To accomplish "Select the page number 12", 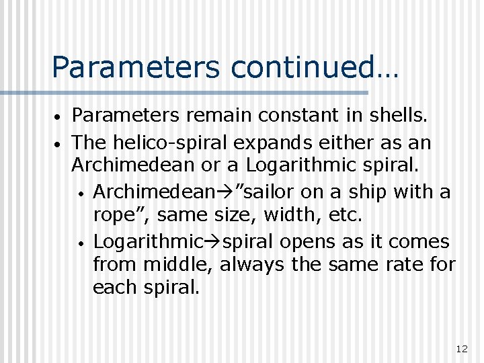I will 461,348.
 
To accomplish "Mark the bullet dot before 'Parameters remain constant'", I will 59,118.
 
